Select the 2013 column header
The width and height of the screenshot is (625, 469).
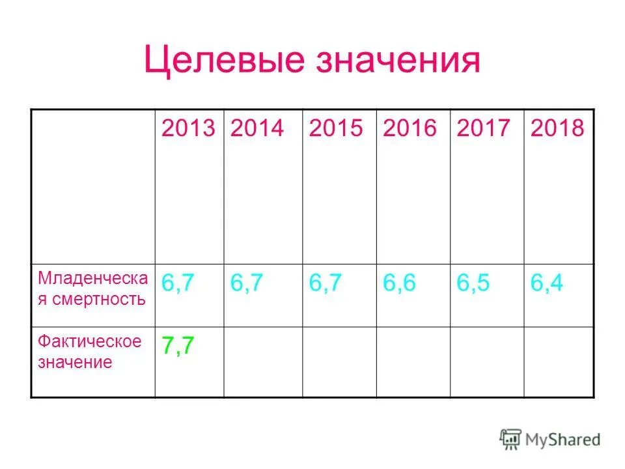(188, 128)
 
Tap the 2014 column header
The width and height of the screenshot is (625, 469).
(257, 128)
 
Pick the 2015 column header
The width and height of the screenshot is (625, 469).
(336, 128)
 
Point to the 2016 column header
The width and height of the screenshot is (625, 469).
(410, 128)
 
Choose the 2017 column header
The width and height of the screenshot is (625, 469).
(484, 128)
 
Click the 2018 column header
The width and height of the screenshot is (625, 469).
(557, 128)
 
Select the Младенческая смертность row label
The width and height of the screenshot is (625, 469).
(92, 289)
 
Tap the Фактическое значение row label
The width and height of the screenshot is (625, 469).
(89, 352)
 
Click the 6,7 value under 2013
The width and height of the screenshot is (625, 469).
(178, 283)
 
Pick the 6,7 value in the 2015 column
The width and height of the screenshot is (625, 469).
(325, 283)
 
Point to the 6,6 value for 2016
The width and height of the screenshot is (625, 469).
(399, 283)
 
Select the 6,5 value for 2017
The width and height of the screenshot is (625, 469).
(473, 283)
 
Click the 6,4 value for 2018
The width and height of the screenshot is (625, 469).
(547, 283)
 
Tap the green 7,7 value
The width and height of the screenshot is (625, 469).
(178, 346)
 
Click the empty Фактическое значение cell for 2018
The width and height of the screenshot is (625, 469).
(559, 362)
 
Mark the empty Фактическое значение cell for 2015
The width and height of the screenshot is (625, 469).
(339, 362)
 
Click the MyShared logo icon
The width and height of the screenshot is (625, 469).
(510, 439)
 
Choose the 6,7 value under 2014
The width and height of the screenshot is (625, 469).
(247, 283)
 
